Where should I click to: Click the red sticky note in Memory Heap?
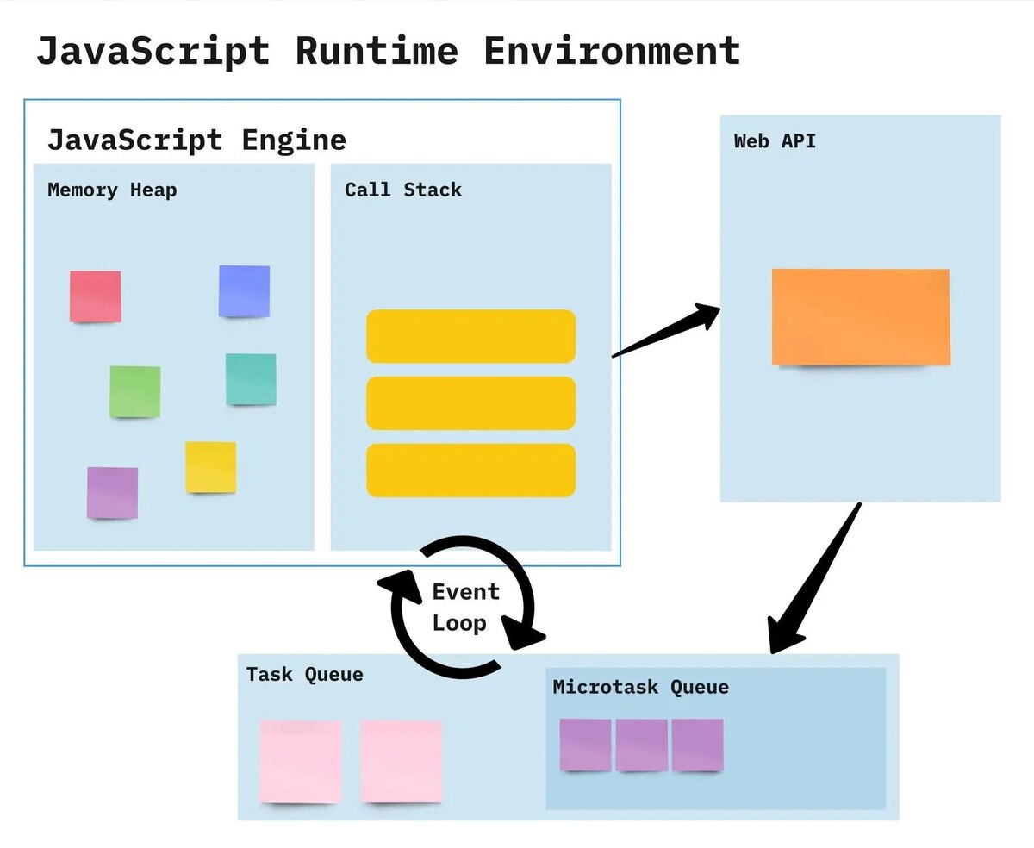click(x=95, y=296)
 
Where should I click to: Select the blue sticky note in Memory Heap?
click(x=244, y=290)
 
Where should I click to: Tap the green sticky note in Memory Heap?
click(x=134, y=391)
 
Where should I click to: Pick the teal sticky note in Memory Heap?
click(x=251, y=379)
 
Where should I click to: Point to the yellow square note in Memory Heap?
click(x=211, y=467)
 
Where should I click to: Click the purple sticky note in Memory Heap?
click(x=112, y=492)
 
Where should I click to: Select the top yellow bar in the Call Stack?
click(x=471, y=336)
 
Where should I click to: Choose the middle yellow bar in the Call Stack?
click(x=471, y=403)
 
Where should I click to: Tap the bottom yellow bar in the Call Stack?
click(x=471, y=471)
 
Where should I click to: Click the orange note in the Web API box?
click(x=861, y=317)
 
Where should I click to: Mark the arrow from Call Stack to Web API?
click(x=666, y=330)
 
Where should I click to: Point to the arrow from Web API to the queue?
click(x=814, y=577)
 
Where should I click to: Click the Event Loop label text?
click(x=466, y=608)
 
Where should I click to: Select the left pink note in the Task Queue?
click(x=301, y=761)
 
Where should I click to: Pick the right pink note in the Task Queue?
click(x=401, y=761)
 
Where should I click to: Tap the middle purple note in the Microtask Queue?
click(x=642, y=745)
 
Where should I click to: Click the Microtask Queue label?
click(x=641, y=687)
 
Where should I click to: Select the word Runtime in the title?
click(x=377, y=51)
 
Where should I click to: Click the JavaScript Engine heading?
click(x=196, y=140)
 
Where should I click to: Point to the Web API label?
click(x=775, y=141)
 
